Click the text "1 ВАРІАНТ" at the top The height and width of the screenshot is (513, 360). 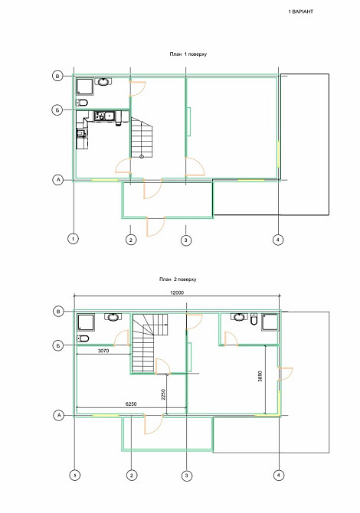pos(301,13)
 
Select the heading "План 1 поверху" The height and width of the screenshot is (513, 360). pos(189,55)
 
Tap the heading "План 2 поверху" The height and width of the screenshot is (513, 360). pos(178,281)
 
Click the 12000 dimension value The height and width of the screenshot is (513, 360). pos(178,293)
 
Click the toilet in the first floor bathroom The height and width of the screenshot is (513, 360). pos(83,103)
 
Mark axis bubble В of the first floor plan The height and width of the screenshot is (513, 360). pos(57,76)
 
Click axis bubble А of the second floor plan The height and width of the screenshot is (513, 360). pos(57,415)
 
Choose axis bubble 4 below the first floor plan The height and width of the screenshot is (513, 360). pos(278,240)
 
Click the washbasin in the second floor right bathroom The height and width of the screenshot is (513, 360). pos(240,316)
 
